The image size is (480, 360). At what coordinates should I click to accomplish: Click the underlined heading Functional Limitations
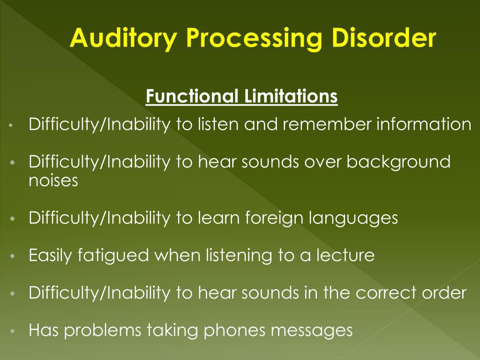[241, 96]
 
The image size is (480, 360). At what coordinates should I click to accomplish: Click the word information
[424, 125]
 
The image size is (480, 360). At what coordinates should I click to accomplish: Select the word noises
[53, 180]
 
